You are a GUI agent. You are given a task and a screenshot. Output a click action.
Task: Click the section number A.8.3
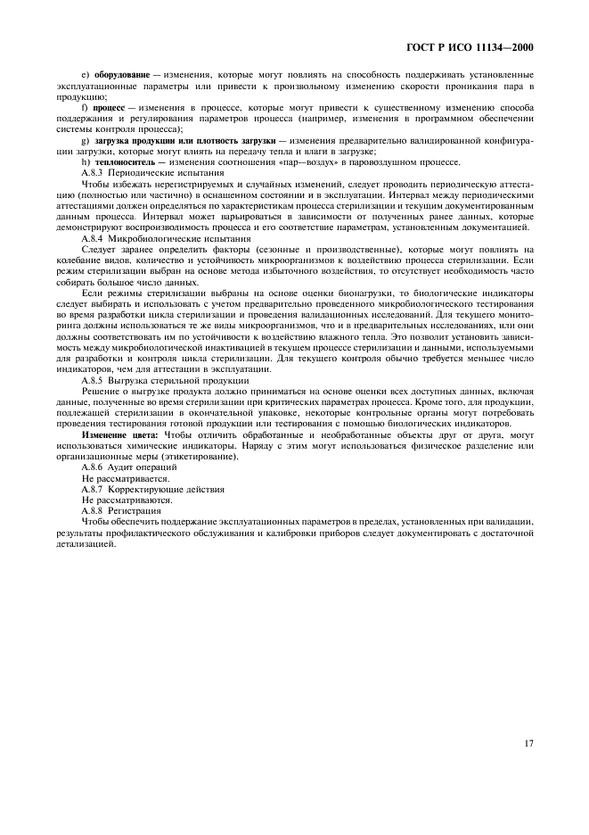click(92, 173)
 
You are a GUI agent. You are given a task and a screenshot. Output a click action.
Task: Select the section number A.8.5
click(92, 380)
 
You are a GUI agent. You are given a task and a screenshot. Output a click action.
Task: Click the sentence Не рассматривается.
click(126, 478)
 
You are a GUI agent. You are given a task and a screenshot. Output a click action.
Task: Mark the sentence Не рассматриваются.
click(127, 500)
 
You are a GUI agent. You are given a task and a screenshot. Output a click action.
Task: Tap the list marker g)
click(85, 141)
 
